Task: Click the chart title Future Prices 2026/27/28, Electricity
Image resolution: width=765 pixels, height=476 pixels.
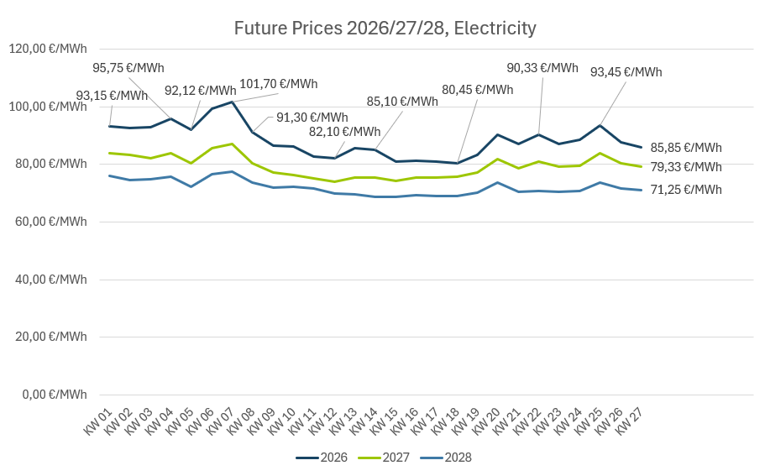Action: pos(385,29)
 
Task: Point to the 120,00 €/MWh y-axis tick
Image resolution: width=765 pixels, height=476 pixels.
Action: pos(48,49)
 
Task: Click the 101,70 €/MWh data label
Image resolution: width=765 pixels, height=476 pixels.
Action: pos(279,84)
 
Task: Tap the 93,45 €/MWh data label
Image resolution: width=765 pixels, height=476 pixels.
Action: pos(626,72)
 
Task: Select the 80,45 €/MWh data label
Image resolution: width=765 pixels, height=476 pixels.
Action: pos(477,90)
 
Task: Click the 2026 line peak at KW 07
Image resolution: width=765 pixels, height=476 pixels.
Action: pos(232,102)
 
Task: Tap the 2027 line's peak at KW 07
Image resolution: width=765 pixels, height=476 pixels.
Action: pos(232,144)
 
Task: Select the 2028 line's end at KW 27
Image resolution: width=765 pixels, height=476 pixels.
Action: pos(642,190)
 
